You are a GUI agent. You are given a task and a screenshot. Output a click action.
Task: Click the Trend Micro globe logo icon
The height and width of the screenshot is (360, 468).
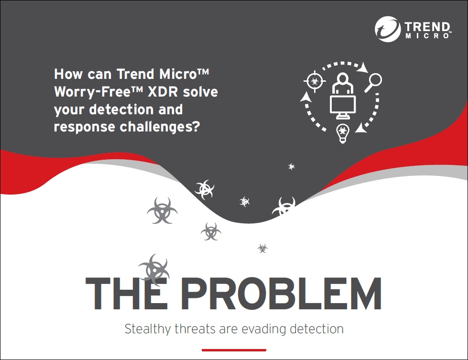[x=387, y=29]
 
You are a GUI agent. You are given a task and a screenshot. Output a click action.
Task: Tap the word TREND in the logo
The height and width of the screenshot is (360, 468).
[x=427, y=27]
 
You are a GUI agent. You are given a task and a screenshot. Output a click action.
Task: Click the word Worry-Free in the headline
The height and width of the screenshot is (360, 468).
[x=92, y=92]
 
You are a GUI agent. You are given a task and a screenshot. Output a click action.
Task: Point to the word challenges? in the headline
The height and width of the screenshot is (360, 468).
[x=160, y=127]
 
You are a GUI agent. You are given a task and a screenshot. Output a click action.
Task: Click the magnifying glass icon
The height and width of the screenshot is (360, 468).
[x=373, y=82]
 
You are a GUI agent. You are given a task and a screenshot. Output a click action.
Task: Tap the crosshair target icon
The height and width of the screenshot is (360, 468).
[x=315, y=81]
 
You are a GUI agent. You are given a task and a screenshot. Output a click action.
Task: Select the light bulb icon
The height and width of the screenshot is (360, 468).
[x=343, y=133]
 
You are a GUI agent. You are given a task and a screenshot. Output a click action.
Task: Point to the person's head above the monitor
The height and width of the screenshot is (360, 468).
[x=343, y=78]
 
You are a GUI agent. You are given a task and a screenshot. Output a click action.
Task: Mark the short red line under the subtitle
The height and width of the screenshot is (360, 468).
[x=234, y=350]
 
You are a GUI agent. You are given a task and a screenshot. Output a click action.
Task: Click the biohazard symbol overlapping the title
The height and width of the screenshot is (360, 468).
[x=154, y=270]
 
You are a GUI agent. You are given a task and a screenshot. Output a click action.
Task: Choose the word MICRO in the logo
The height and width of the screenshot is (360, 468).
[x=427, y=36]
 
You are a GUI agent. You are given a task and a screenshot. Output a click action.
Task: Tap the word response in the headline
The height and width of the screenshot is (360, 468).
[x=85, y=127]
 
